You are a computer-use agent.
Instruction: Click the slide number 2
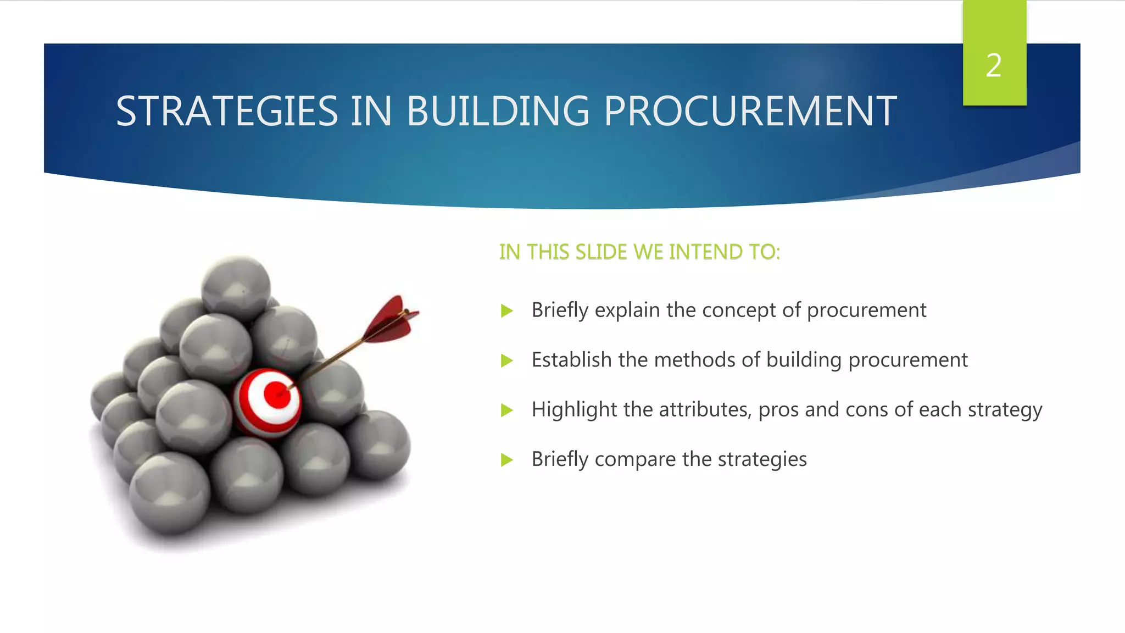(993, 66)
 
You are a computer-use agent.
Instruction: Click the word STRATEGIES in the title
(226, 112)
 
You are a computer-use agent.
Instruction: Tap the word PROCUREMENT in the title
(750, 112)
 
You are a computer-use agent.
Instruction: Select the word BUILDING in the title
(497, 112)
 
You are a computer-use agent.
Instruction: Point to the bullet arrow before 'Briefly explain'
(506, 312)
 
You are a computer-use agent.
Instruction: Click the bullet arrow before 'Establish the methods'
(506, 361)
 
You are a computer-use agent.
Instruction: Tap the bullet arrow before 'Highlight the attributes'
(506, 410)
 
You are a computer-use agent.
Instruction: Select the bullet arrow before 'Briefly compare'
(506, 460)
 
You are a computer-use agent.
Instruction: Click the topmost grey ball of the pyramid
(236, 287)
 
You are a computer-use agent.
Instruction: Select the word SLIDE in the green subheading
(601, 252)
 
